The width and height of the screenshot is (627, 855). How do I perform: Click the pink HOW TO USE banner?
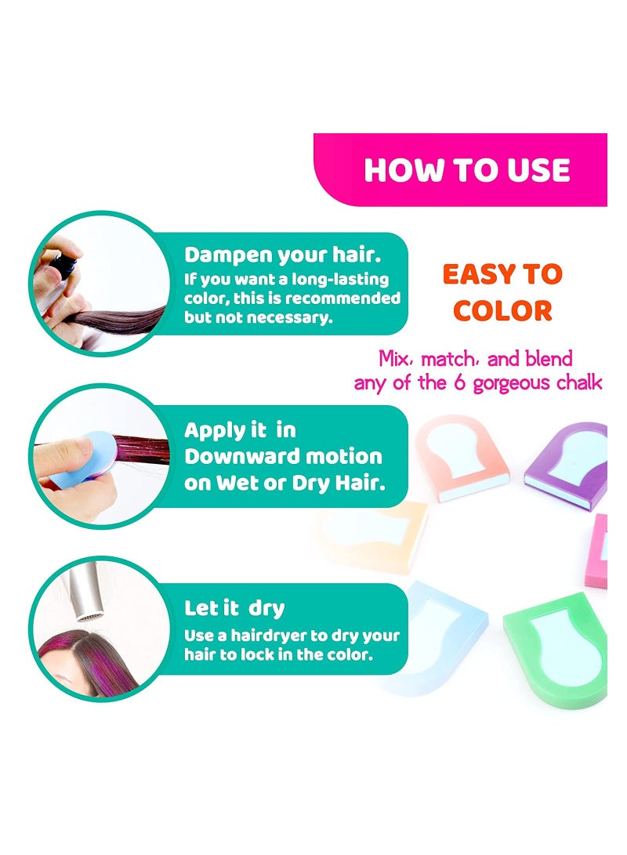click(x=467, y=170)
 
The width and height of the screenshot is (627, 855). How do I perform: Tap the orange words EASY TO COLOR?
click(x=502, y=292)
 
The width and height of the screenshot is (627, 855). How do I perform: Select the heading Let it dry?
click(x=234, y=608)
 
